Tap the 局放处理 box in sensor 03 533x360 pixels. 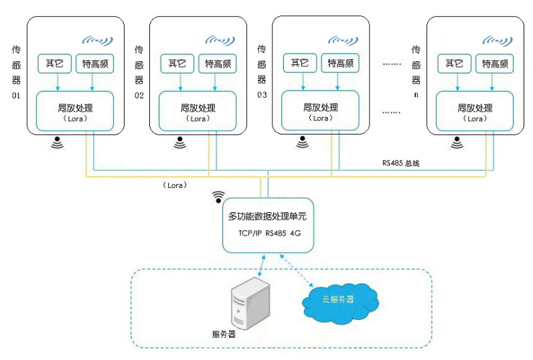(x=321, y=111)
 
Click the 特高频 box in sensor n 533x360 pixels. (x=495, y=64)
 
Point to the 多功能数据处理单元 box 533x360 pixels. (x=268, y=225)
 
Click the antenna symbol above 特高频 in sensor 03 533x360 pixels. (x=343, y=40)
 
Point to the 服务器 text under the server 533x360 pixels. (x=224, y=334)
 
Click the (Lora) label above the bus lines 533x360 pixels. (x=174, y=184)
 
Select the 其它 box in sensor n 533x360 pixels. (x=455, y=64)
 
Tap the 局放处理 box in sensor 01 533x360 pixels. (x=76, y=111)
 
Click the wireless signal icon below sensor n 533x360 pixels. (x=457, y=143)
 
